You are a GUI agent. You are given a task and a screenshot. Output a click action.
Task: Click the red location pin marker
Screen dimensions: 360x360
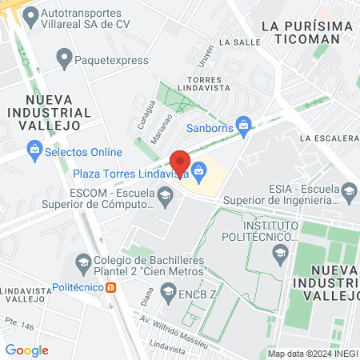(180, 163)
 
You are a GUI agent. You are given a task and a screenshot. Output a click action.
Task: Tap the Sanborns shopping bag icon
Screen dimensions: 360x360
(246, 123)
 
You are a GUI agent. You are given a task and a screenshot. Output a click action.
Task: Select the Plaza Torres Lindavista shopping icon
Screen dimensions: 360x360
(200, 169)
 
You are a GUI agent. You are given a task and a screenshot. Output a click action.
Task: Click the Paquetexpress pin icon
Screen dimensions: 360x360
(64, 57)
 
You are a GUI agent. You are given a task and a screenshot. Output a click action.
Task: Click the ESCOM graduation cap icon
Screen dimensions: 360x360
(165, 194)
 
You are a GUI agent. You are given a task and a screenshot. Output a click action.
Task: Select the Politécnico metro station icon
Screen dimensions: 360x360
(112, 287)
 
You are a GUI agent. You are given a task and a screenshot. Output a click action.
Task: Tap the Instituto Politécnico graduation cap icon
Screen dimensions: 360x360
(280, 254)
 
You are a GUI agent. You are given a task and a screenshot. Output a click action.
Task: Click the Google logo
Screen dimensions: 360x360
(26, 350)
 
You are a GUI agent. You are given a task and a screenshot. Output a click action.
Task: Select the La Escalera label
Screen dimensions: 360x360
(329, 138)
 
